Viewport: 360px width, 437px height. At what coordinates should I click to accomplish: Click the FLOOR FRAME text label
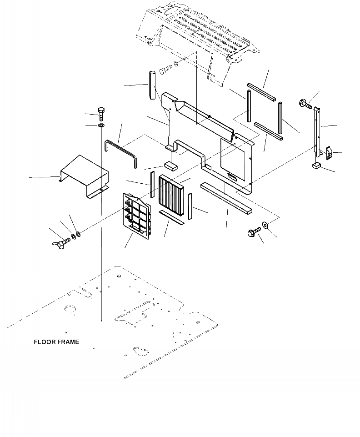click(56, 342)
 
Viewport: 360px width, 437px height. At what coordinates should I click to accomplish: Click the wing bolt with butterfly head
click(61, 239)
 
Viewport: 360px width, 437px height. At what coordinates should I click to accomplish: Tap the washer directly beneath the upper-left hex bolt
click(101, 125)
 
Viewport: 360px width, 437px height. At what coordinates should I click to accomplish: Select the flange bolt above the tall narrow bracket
click(304, 103)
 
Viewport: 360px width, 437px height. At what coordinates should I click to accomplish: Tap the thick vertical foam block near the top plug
click(151, 85)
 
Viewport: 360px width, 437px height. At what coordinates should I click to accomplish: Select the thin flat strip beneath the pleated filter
click(172, 218)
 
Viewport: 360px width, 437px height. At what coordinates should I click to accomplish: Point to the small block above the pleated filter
click(171, 165)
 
